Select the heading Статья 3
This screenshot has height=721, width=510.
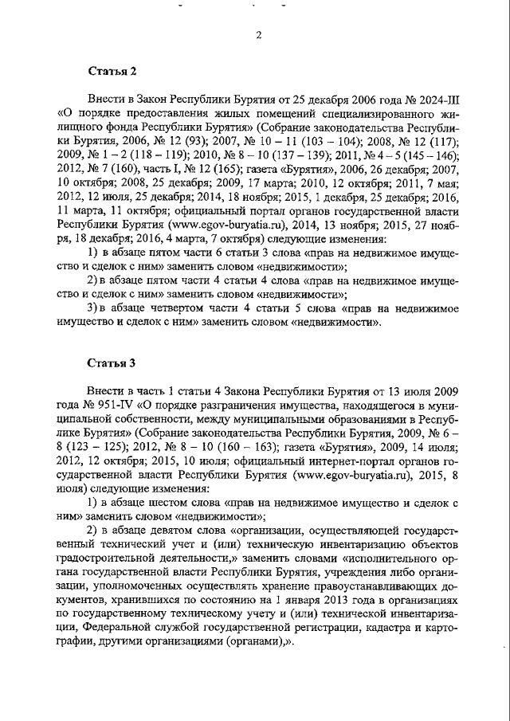click(112, 362)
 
